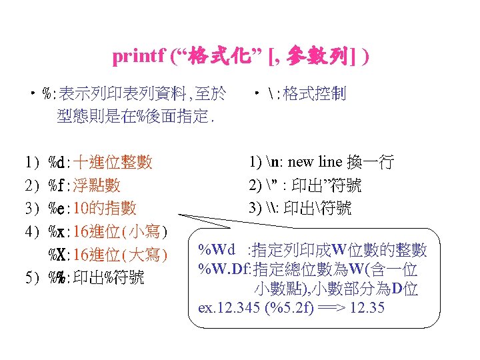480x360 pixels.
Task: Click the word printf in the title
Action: pos(138,57)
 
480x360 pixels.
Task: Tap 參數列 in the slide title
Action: pos(316,56)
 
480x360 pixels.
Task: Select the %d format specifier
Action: pos(57,162)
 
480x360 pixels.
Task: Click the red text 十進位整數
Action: pos(113,162)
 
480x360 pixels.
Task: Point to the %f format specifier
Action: pos(57,185)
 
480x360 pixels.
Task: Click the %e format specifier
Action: pos(57,208)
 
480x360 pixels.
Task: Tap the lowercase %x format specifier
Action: pos(57,231)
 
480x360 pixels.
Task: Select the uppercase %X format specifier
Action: pos(57,255)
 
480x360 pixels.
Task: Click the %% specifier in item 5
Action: pos(57,278)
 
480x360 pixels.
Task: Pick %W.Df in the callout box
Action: pos(223,269)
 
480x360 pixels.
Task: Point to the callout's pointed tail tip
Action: pos(182,215)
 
